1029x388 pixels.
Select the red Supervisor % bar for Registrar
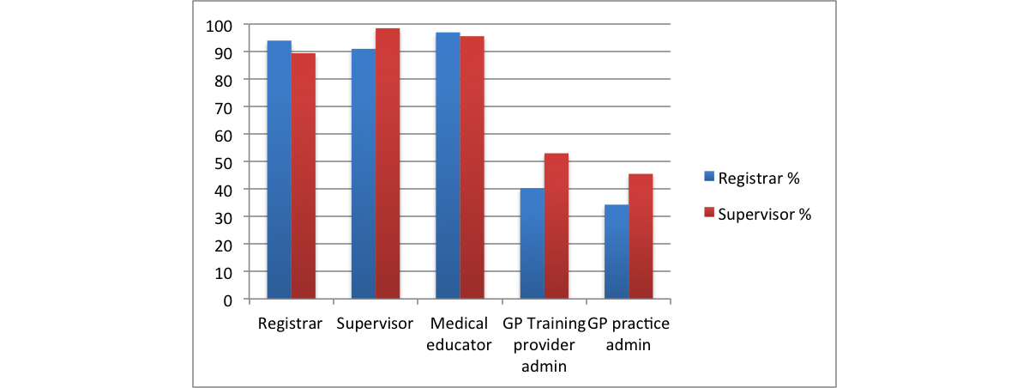click(303, 176)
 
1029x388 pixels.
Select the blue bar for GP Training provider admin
click(532, 244)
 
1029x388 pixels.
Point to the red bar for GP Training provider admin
click(556, 227)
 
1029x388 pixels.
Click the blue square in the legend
click(708, 177)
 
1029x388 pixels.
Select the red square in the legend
click(708, 213)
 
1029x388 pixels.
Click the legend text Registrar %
click(759, 178)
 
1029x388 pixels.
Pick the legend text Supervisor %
click(764, 214)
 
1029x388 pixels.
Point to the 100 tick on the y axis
click(220, 25)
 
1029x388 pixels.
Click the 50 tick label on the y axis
click(224, 162)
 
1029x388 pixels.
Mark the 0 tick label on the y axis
click(228, 300)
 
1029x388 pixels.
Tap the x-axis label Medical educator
click(460, 334)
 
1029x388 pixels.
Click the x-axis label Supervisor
click(375, 324)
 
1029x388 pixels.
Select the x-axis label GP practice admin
click(629, 334)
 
